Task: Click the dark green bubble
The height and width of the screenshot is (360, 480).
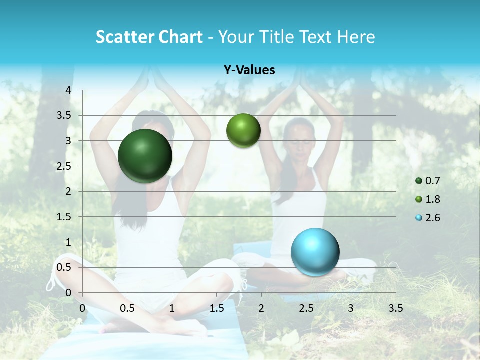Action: tap(145, 156)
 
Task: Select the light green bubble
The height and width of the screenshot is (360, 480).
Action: tap(243, 130)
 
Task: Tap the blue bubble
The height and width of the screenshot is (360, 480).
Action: tap(315, 251)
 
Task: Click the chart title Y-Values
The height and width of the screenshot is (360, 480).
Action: tap(249, 70)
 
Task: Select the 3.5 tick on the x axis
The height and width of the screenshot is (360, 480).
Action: tap(395, 308)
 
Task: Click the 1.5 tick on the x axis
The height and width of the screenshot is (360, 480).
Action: tap(216, 308)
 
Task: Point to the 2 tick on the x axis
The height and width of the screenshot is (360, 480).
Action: tap(261, 308)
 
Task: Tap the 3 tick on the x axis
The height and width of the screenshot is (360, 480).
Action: tap(351, 308)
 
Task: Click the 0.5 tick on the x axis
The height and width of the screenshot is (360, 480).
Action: tap(127, 308)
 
